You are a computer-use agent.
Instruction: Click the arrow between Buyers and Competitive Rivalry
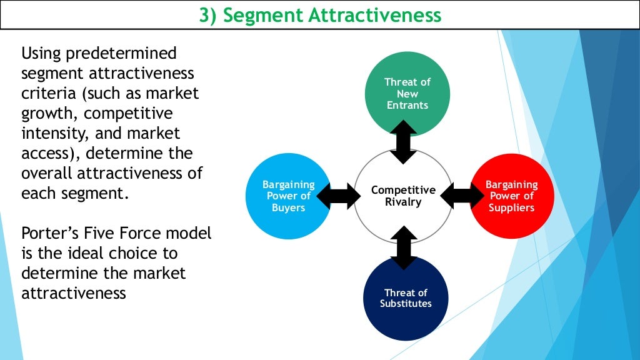pos(338,196)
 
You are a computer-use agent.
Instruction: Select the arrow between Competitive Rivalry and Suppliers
pos(462,196)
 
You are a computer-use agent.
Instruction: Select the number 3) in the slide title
pos(207,15)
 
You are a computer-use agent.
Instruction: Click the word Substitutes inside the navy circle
pos(406,304)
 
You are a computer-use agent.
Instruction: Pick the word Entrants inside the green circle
pos(407,105)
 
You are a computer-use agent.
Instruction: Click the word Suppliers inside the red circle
pos(511,207)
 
